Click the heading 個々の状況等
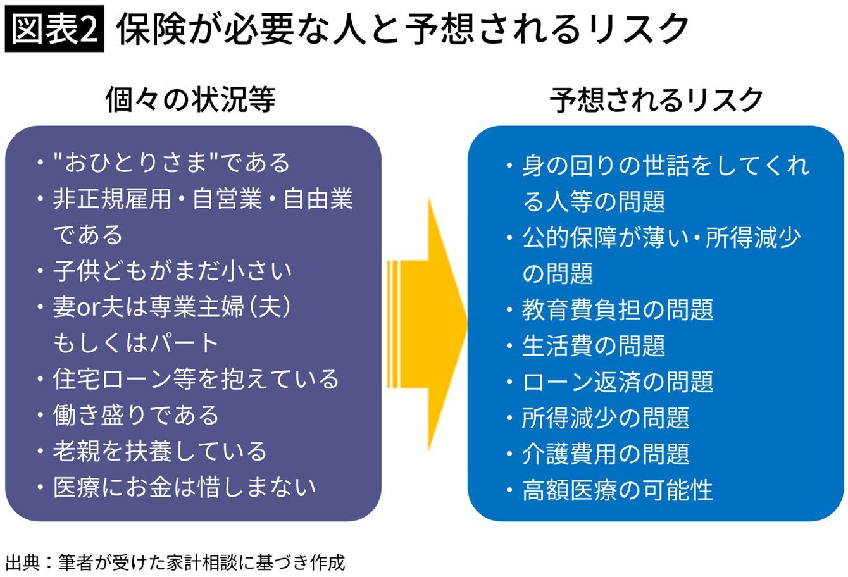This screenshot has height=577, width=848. (190, 100)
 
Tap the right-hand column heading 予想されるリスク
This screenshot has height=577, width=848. (656, 100)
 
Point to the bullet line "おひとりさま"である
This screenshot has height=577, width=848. (171, 163)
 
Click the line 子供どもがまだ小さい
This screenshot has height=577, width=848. (172, 271)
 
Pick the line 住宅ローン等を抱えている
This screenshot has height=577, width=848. (196, 379)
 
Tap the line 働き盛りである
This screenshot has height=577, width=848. (136, 415)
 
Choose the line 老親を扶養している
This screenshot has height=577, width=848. (160, 451)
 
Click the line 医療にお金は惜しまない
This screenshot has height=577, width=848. (184, 487)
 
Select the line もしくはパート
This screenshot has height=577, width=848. (136, 343)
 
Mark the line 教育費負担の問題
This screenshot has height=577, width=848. (618, 309)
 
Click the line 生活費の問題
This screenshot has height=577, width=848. (594, 345)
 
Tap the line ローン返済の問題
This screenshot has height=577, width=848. (618, 382)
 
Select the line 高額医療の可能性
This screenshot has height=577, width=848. (618, 490)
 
